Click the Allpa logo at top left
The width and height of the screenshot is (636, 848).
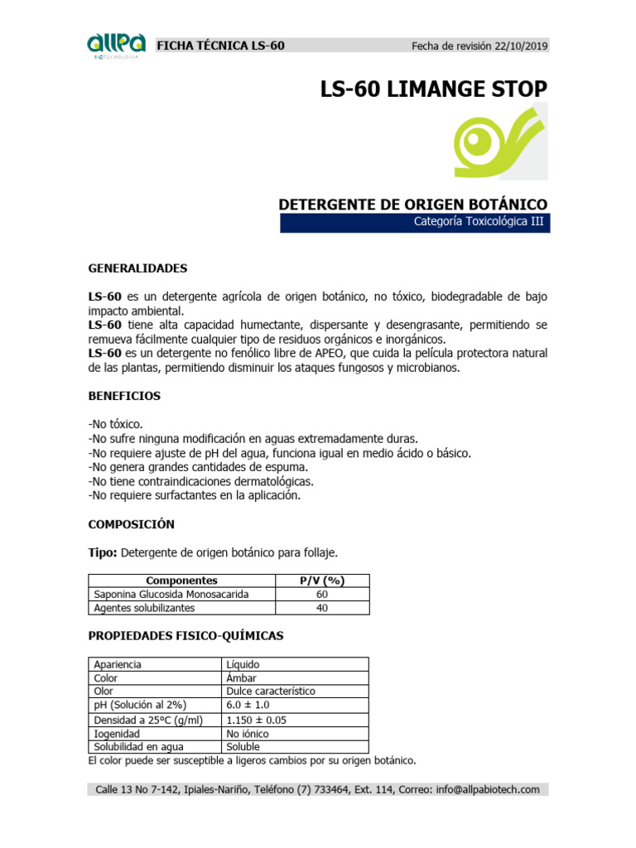tap(116, 46)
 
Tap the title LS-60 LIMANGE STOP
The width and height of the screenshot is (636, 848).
tap(433, 89)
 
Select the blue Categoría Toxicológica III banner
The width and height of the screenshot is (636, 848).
tap(413, 222)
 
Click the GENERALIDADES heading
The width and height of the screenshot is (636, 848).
tap(137, 268)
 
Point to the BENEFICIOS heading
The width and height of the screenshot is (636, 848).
tap(124, 396)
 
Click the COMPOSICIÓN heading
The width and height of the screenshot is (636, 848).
tap(132, 524)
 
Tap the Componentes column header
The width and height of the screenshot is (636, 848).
tap(181, 581)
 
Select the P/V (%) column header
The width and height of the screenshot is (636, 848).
tap(322, 581)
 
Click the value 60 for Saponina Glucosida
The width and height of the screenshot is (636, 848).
tap(322, 594)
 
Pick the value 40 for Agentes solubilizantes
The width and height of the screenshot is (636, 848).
tap(322, 608)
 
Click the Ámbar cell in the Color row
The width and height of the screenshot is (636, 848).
tap(241, 677)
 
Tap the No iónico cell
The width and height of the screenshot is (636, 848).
tap(247, 734)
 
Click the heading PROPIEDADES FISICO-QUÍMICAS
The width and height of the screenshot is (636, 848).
tap(185, 635)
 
